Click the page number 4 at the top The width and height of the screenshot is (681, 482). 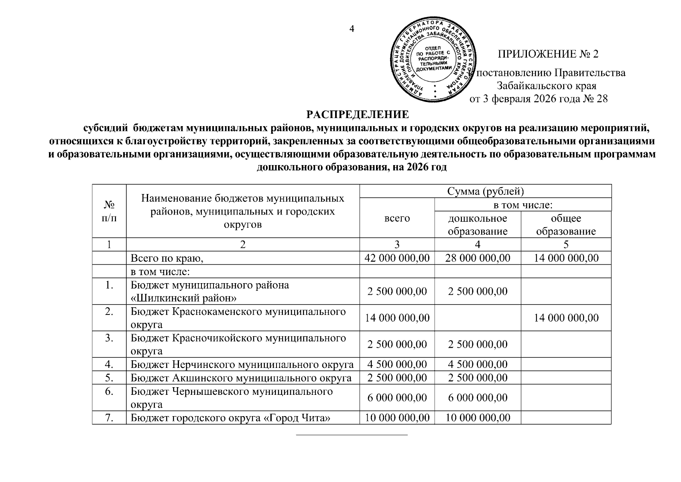point(352,29)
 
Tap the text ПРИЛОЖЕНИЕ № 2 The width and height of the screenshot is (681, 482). point(548,54)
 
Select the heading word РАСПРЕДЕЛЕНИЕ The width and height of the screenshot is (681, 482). point(358,114)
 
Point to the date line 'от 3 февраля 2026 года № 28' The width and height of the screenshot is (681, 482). point(539,98)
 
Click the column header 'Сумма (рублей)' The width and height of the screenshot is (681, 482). point(486,191)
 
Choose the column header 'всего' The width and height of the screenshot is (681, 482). point(397,218)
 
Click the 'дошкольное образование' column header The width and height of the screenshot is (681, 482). point(478,225)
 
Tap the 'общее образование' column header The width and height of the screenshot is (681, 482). point(566,225)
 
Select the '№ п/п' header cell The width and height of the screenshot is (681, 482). point(109,211)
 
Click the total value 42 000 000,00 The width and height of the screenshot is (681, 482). point(397,258)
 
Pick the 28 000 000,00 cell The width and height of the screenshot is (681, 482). point(478,258)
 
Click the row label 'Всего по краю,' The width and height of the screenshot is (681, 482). point(167,258)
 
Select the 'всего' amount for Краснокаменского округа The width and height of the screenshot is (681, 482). point(397,318)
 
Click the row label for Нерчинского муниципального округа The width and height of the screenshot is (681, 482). point(242,364)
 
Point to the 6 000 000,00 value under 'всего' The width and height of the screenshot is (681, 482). point(397,398)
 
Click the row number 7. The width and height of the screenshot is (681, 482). point(109,418)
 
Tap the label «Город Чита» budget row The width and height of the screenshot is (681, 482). point(231,418)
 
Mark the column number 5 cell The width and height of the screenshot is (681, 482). point(566,245)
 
